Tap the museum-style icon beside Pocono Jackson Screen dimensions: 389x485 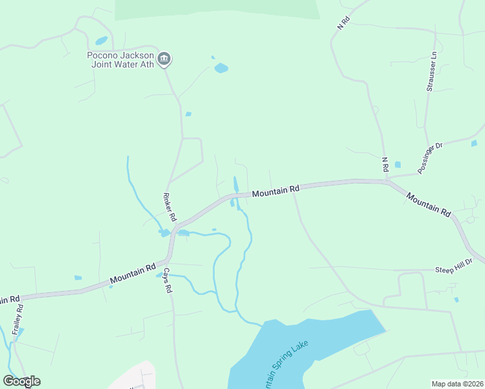pos(164,60)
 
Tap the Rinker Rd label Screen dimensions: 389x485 pos(169,206)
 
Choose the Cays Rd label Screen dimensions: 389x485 pos(167,280)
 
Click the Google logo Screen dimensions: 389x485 pos(21,381)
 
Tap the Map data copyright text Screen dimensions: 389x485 pos(457,384)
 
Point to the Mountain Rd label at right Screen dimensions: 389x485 pos(429,204)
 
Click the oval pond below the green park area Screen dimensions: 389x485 pos(221,67)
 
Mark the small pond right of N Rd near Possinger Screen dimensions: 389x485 pos(397,165)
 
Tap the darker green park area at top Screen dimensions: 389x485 pos(217,9)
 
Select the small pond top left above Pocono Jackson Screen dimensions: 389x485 pos(101,41)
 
